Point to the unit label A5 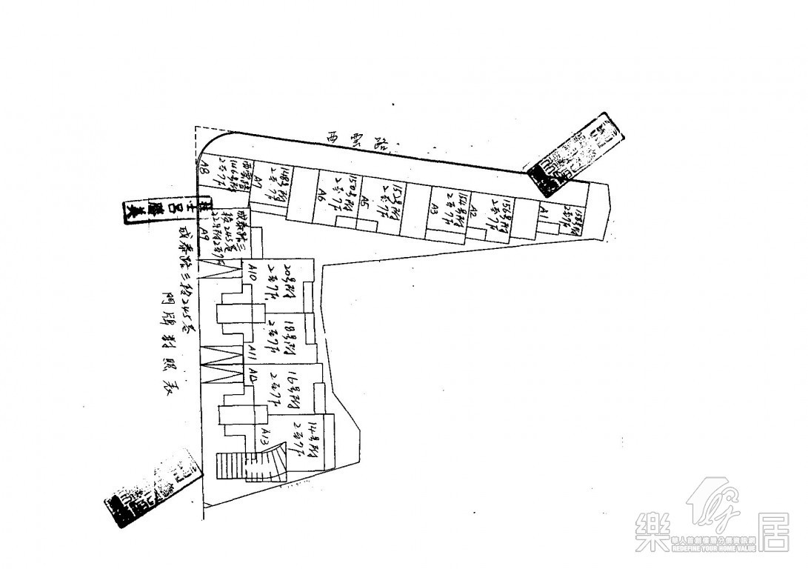tap(364, 201)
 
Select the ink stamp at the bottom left tap(153, 492)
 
